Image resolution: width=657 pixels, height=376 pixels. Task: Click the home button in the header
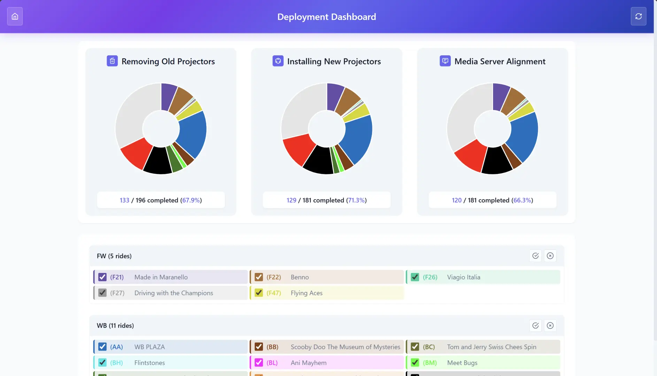tap(15, 16)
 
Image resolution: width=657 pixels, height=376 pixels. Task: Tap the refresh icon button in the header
tap(638, 16)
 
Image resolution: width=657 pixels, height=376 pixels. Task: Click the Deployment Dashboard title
tap(326, 17)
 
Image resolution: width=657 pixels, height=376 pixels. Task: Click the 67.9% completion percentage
tap(191, 200)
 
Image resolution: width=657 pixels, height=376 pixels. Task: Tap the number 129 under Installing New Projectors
tap(291, 200)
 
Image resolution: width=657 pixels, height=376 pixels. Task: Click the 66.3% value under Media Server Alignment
tap(522, 200)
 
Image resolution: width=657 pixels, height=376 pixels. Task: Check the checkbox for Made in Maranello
tap(102, 277)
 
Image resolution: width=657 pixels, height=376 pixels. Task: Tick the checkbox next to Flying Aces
tap(258, 293)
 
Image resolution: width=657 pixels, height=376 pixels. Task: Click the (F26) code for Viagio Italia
tap(430, 277)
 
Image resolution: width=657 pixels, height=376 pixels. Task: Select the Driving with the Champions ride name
tap(173, 293)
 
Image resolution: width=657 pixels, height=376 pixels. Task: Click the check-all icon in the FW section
tap(535, 256)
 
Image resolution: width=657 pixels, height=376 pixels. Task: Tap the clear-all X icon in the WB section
tap(550, 326)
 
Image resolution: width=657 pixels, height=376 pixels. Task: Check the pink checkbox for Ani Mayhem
tap(258, 362)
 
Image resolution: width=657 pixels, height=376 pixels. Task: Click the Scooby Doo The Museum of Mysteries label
tap(345, 347)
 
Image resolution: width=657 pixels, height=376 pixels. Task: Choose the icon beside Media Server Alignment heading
tap(445, 61)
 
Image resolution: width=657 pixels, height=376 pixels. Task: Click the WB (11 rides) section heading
tap(115, 326)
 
